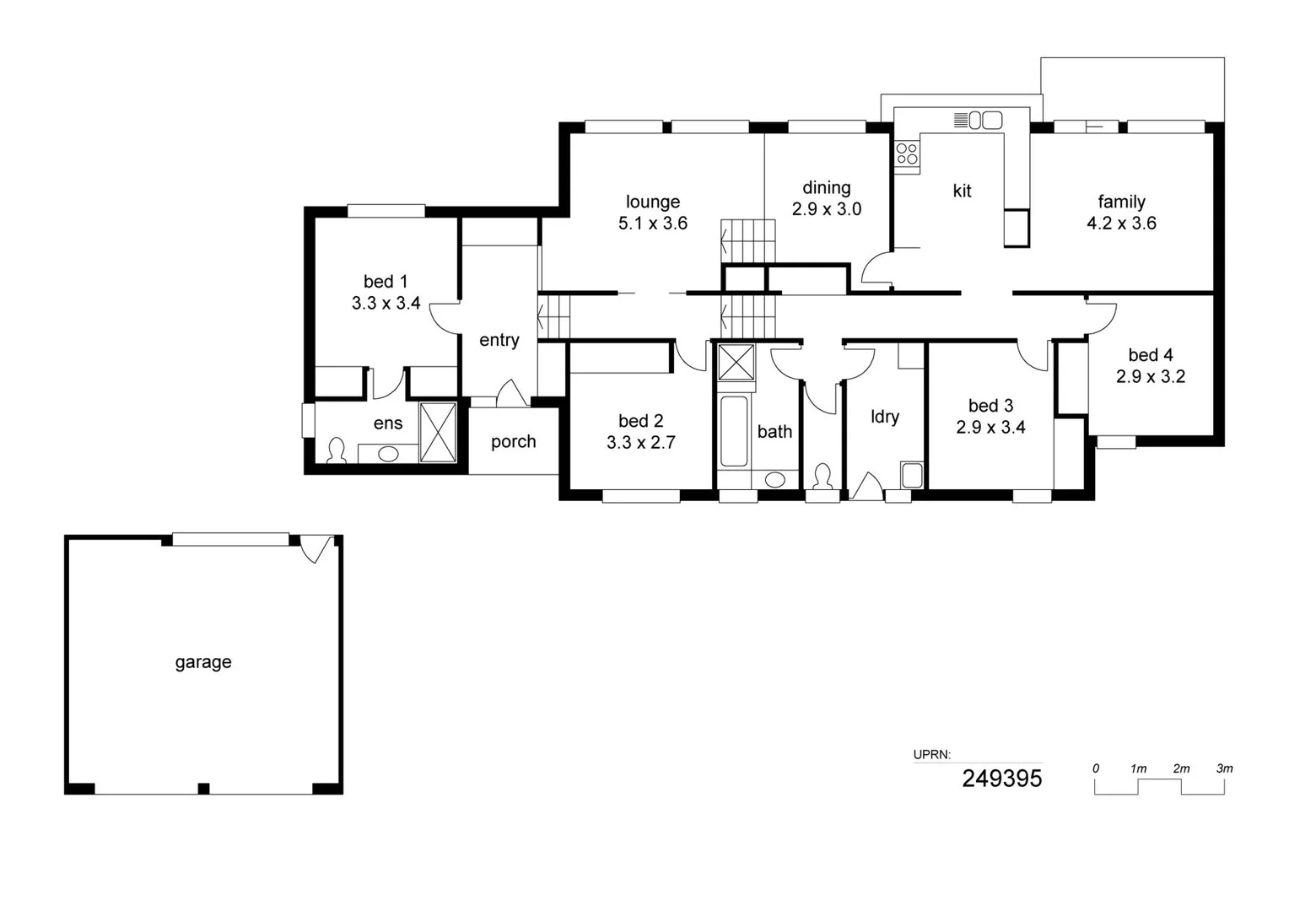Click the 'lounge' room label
coord(652,202)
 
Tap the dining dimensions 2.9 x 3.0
coord(826,209)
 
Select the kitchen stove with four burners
coord(907,154)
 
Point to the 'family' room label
coord(1121,202)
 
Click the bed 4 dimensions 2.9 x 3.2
coord(1150,377)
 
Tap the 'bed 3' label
coord(990,406)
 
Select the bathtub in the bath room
coord(734,431)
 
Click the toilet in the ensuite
coord(337,450)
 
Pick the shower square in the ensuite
coord(438,433)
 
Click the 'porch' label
coord(513,442)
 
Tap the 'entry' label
coord(499,340)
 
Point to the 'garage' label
coord(203,662)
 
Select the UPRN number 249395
coord(1001,779)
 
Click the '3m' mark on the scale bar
coord(1224,768)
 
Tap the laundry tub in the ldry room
coord(911,475)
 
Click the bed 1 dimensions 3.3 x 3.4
coord(386,304)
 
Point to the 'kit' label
coord(962,191)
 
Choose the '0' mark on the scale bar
coord(1095,768)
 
